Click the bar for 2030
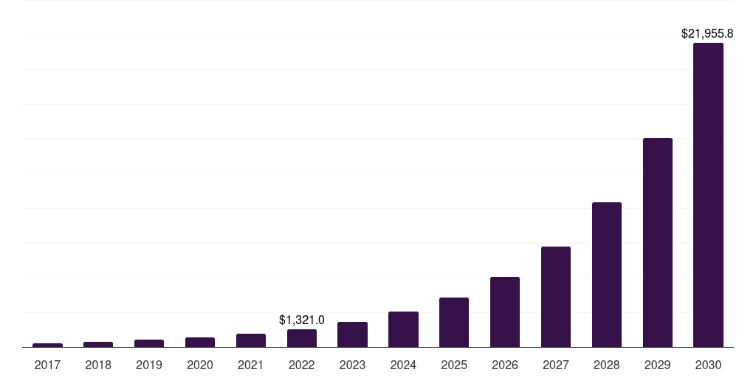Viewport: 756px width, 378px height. point(708,195)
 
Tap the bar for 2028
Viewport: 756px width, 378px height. point(606,275)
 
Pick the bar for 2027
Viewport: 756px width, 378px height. point(555,297)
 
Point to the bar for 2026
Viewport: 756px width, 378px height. point(505,312)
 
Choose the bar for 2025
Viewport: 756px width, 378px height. point(454,322)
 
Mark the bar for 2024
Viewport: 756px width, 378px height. point(403,329)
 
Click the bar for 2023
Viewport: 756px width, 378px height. point(352,334)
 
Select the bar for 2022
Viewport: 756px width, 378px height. point(302,338)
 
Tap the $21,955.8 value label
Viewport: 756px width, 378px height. point(707,33)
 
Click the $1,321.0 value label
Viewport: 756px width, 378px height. point(301,320)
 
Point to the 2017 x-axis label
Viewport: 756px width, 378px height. point(47,365)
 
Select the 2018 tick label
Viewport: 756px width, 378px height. point(98,365)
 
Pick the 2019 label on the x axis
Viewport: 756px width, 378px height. point(149,365)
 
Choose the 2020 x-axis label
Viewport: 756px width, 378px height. point(200,365)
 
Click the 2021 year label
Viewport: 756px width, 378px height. point(251,365)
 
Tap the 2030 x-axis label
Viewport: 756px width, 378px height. point(708,365)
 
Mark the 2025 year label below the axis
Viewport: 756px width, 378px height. point(454,365)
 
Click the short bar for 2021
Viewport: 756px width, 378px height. point(251,340)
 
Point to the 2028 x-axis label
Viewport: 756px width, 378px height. point(606,365)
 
